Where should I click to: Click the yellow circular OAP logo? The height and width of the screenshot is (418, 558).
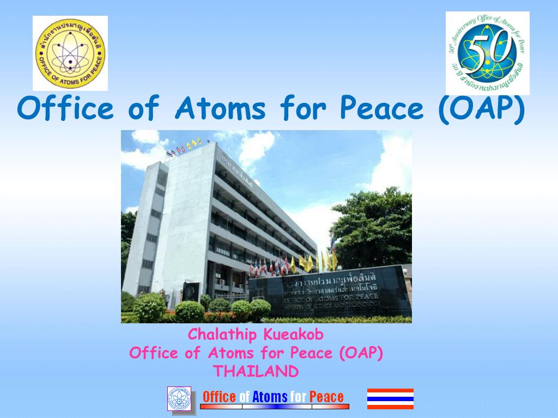pos(70,53)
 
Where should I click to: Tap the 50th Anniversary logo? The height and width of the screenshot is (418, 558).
pos(487,53)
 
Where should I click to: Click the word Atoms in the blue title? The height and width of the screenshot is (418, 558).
pos(220,109)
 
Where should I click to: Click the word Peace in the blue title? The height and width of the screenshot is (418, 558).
pos(381,109)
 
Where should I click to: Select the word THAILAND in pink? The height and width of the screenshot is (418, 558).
pos(256,371)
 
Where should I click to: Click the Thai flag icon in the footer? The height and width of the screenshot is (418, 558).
pos(390,398)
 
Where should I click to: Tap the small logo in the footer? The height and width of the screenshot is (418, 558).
pos(179,398)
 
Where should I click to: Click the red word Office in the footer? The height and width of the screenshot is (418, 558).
pos(219,397)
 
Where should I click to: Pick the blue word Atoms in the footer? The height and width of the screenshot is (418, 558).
pos(270,397)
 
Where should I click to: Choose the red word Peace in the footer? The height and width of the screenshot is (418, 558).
pos(326,397)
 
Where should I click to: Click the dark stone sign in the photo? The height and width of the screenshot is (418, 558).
pos(330,294)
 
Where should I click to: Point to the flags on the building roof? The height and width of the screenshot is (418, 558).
pos(183,148)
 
